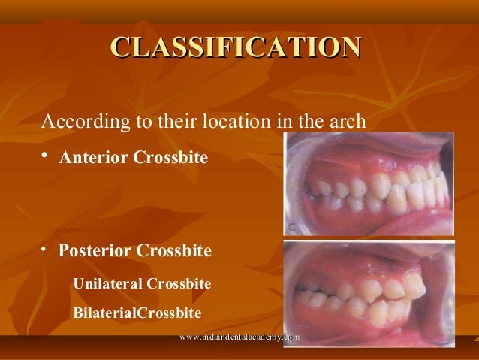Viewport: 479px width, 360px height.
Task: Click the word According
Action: [x=74, y=121]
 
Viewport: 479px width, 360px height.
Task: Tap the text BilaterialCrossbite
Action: [x=137, y=311]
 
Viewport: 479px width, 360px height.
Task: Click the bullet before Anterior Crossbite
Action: [x=46, y=157]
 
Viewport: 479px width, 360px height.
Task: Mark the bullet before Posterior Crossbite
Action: [x=46, y=248]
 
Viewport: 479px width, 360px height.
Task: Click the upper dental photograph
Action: [x=369, y=184]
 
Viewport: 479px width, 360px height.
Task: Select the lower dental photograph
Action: [x=369, y=294]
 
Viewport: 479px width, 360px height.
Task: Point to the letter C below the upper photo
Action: [x=291, y=226]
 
